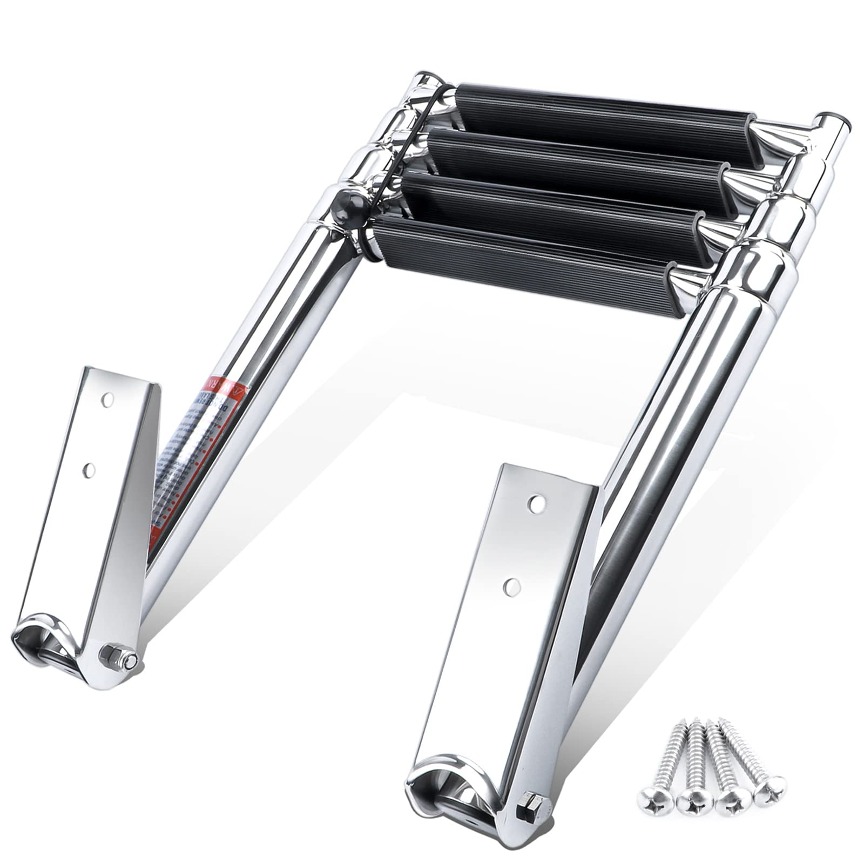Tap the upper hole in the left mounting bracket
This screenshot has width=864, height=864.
109,400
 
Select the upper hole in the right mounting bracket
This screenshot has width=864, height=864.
536,503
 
